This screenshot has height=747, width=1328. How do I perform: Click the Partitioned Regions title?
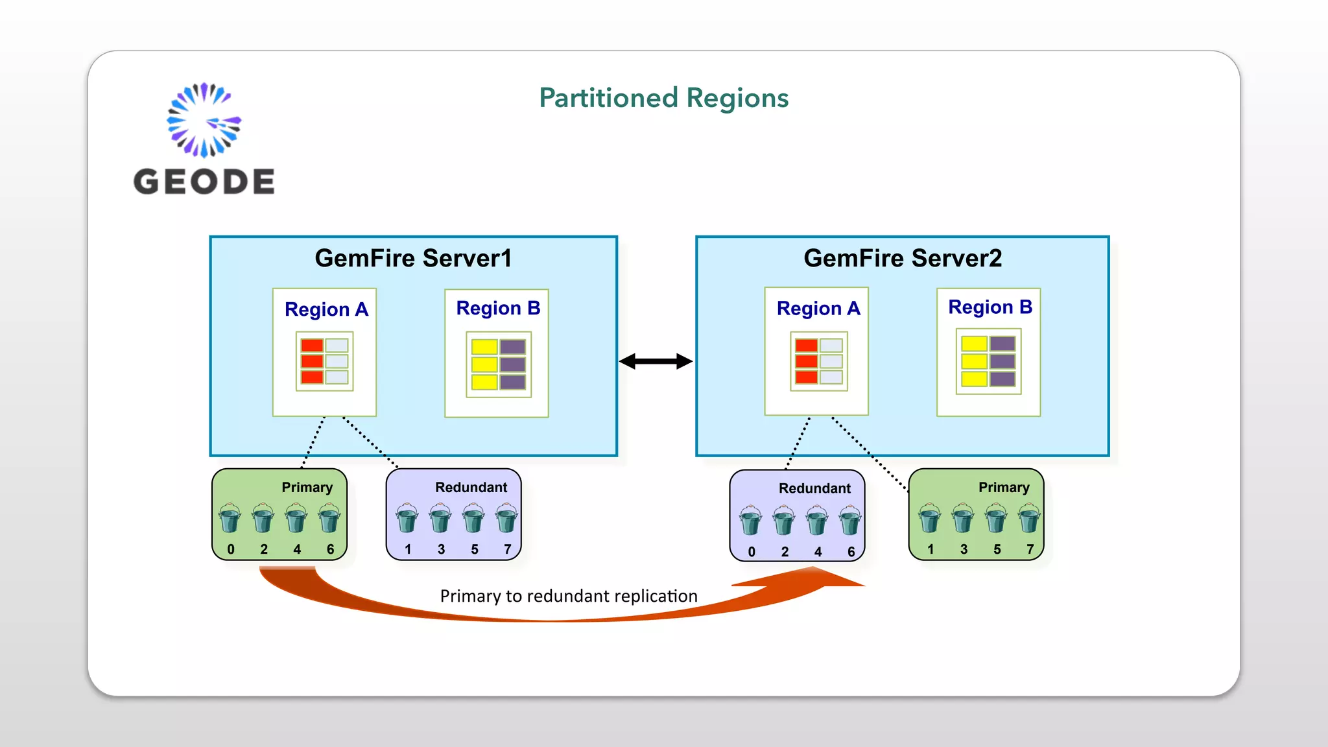click(x=663, y=99)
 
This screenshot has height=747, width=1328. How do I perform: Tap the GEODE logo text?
click(x=204, y=182)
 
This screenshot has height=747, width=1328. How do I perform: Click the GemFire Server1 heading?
click(x=413, y=258)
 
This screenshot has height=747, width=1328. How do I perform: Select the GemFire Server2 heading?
click(x=902, y=258)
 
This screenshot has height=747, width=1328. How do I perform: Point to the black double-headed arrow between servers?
click(x=656, y=361)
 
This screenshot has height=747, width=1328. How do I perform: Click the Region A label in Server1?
click(x=326, y=309)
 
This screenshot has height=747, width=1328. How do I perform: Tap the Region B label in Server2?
click(x=990, y=307)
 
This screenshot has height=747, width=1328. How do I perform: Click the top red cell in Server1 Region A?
click(x=312, y=346)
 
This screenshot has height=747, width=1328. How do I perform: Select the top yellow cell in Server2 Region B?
click(x=974, y=344)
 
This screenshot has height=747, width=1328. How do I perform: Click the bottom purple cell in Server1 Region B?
click(x=512, y=382)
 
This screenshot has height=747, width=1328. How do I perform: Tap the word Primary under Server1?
click(x=307, y=488)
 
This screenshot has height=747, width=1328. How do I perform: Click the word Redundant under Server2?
click(x=814, y=488)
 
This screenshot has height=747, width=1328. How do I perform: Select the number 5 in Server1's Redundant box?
click(x=474, y=549)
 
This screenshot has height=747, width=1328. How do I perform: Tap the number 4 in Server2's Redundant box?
click(x=818, y=552)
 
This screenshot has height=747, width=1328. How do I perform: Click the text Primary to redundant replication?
click(x=569, y=596)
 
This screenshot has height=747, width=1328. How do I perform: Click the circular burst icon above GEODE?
click(x=204, y=120)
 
